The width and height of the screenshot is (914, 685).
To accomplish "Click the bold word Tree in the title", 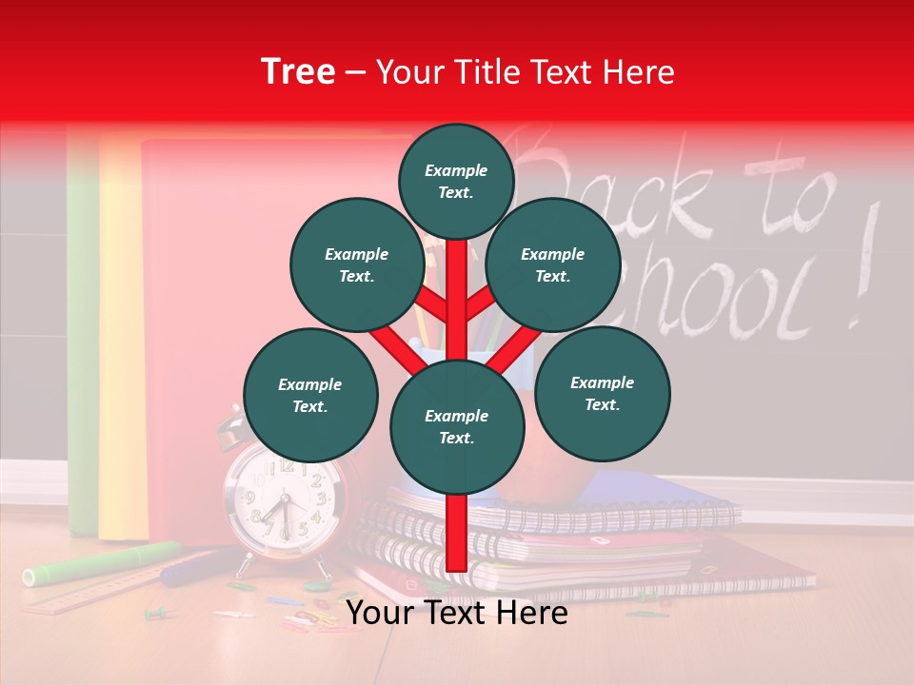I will click(298, 72).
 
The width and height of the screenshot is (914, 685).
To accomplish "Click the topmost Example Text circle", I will click(456, 181).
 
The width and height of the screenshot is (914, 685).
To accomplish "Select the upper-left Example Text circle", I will click(356, 264).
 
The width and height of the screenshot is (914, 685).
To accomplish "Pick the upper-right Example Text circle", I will click(553, 264).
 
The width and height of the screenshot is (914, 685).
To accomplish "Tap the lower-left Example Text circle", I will click(310, 395).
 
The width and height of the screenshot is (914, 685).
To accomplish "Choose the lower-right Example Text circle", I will click(602, 393).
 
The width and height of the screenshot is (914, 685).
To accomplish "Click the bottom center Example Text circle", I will click(457, 426).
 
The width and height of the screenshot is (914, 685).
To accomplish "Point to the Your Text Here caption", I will click(457, 614).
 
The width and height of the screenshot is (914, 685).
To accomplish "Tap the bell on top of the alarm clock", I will click(231, 428).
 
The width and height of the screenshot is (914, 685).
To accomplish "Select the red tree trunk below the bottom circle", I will click(457, 533).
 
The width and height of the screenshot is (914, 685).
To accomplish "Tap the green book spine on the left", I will click(83, 333).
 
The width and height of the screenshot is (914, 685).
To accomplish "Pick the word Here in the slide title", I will click(638, 72).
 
